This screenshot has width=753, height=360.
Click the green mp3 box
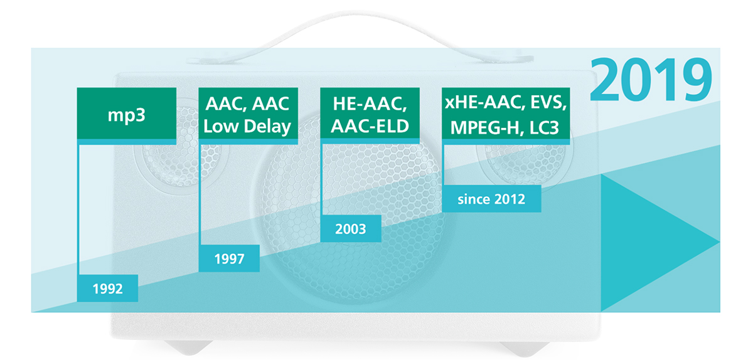pos(127,114)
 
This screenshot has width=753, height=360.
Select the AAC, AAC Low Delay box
pos(248,114)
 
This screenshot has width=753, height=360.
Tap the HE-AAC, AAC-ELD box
pos(370,114)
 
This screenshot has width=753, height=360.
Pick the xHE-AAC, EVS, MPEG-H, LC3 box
pos(506,114)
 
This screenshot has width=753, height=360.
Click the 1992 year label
pos(107,289)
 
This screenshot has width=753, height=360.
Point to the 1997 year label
pos(229,258)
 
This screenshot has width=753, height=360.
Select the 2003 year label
pos(351,228)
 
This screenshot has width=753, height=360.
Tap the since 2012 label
pos(491,199)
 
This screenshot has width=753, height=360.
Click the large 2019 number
pos(651,79)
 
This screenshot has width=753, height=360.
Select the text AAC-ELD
pos(370,127)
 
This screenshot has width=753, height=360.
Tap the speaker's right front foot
pos(525,349)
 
